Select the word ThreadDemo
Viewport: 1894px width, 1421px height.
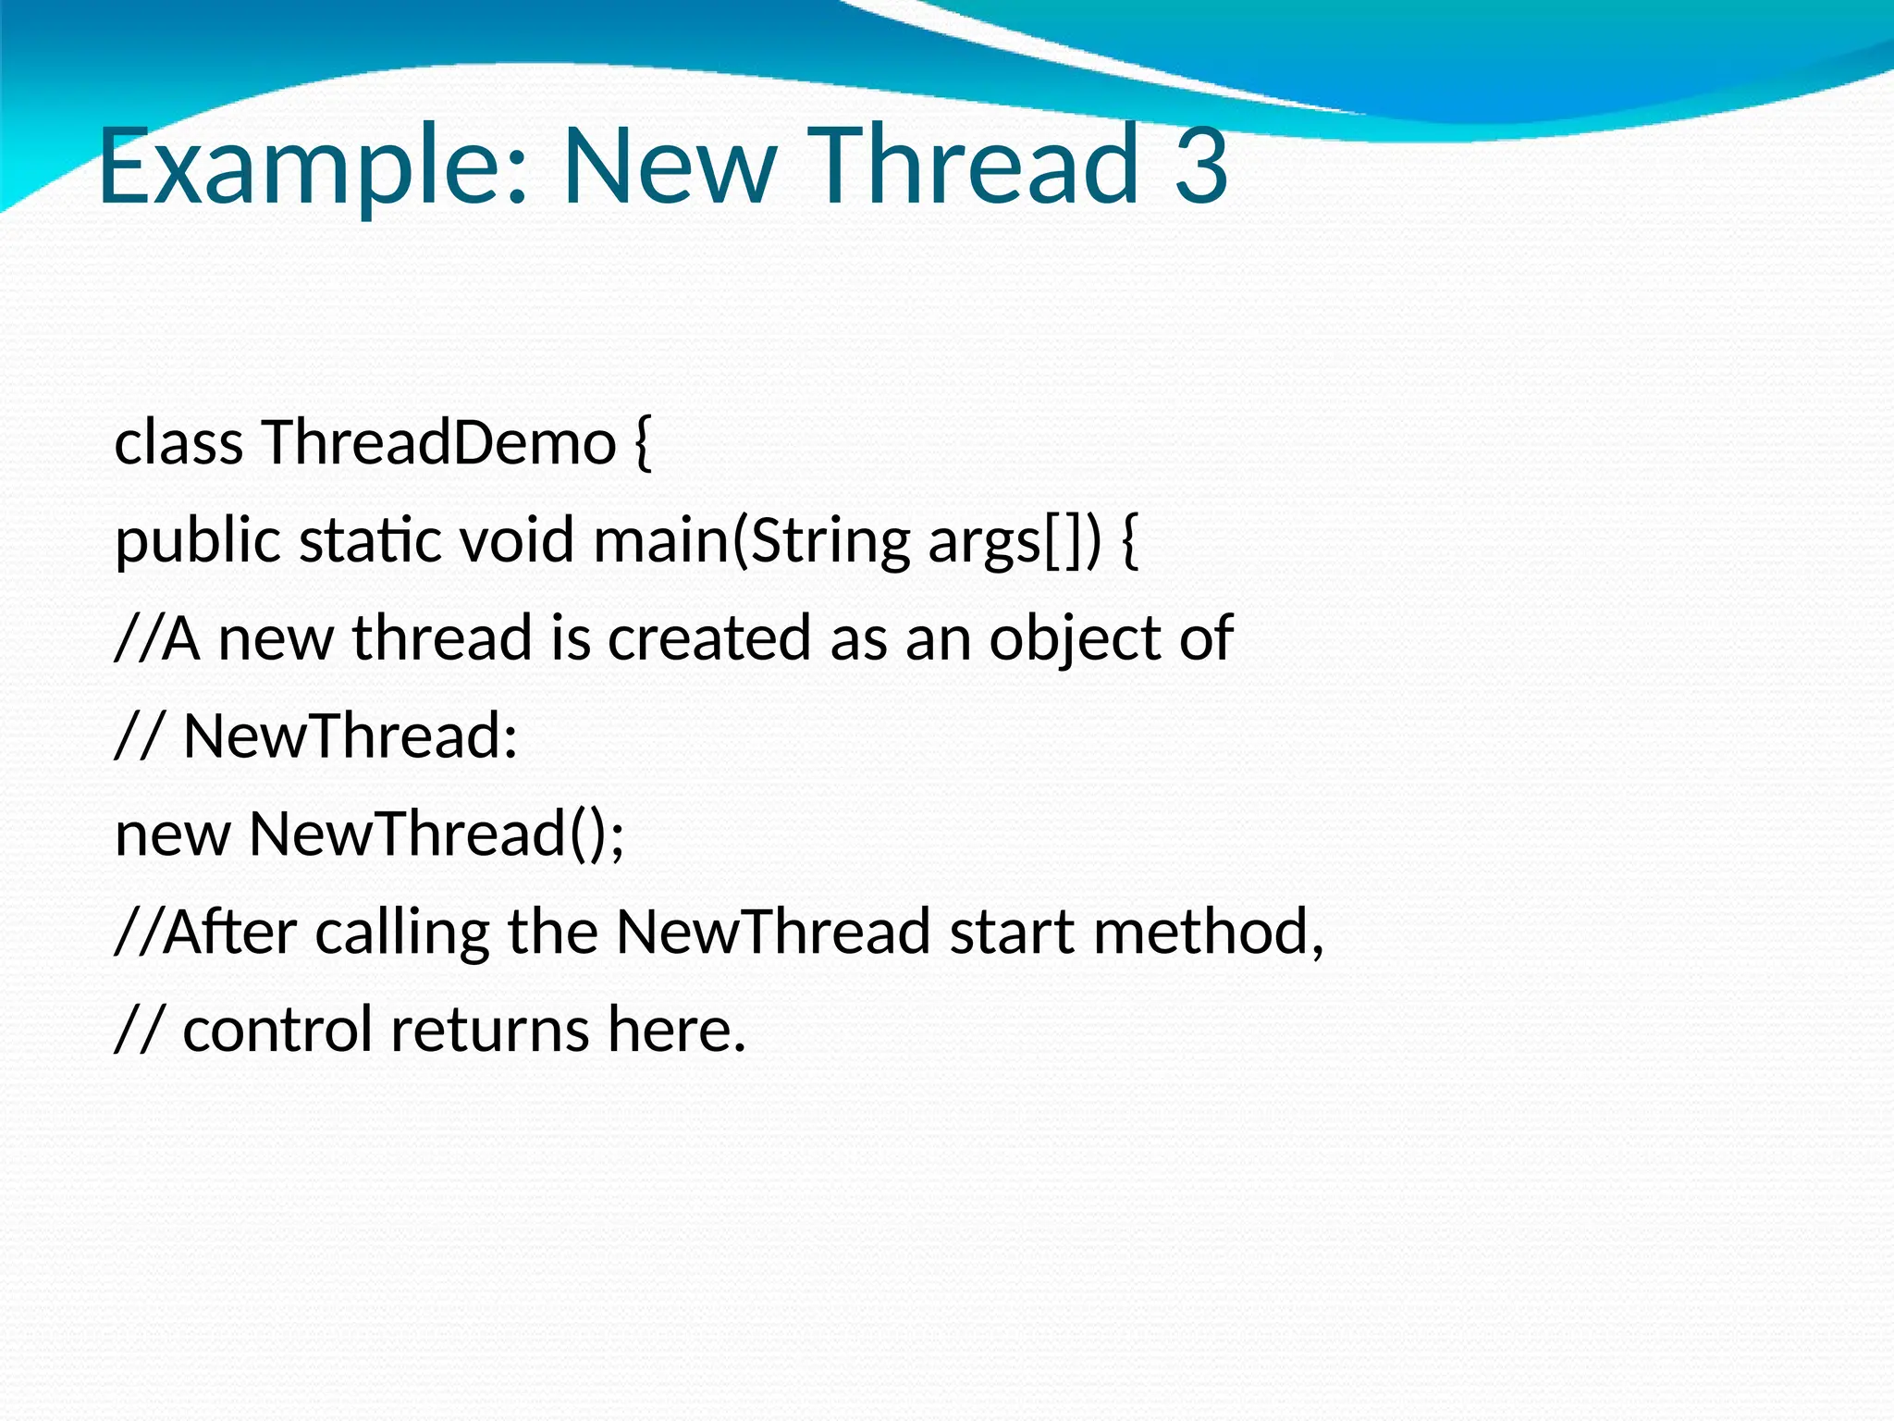[439, 442]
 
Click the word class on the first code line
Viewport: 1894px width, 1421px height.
[178, 442]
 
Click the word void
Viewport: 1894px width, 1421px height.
[517, 540]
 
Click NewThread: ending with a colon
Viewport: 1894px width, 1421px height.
[351, 736]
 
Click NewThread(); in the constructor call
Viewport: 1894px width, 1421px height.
[437, 834]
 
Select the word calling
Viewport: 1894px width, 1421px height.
[401, 933]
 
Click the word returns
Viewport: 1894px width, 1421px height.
[489, 1030]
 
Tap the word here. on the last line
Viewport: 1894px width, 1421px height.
[676, 1030]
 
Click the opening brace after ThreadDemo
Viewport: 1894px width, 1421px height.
[644, 444]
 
